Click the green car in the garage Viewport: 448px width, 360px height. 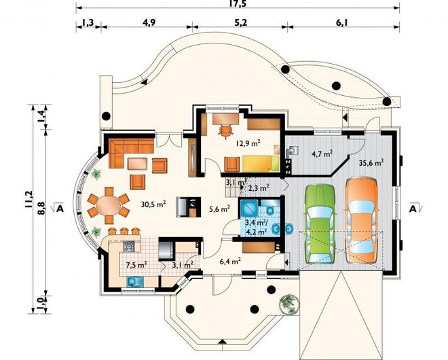[320, 223]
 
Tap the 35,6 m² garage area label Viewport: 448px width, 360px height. [371, 163]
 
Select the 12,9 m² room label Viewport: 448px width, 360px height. [248, 143]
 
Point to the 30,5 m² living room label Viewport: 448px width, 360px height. [153, 204]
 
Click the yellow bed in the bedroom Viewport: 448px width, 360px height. [261, 164]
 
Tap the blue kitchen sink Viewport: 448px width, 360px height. [135, 282]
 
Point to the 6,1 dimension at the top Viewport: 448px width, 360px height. [341, 22]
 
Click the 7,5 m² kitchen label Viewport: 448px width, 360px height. [136, 264]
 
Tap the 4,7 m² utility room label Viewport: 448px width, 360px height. [322, 154]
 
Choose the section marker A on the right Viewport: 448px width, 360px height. [413, 209]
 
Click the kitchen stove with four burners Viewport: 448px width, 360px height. [128, 246]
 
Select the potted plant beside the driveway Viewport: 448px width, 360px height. [289, 304]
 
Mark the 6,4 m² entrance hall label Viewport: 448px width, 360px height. [230, 261]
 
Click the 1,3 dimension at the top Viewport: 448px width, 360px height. [88, 22]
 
